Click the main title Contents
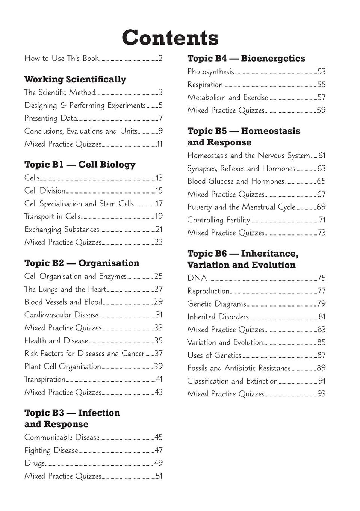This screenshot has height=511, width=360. (x=170, y=38)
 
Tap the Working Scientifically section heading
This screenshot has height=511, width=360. (x=75, y=79)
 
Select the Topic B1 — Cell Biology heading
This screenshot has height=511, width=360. (x=80, y=165)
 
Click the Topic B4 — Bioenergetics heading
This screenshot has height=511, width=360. (x=246, y=58)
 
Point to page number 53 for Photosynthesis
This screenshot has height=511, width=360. (x=321, y=72)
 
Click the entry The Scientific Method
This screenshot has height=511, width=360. (x=60, y=92)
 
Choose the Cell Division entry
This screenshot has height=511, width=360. (x=45, y=191)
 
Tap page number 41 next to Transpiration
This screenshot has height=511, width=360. (x=159, y=379)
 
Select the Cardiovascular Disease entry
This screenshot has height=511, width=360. (x=61, y=315)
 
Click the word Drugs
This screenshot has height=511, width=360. (x=35, y=463)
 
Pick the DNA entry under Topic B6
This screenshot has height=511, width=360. (x=197, y=278)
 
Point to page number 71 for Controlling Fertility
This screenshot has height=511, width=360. (x=322, y=220)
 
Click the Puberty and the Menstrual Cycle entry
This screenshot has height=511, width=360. (x=241, y=207)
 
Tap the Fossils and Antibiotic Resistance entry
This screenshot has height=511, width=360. (x=239, y=368)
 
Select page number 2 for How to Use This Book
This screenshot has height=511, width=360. (x=160, y=59)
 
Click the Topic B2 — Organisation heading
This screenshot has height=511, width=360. (x=82, y=263)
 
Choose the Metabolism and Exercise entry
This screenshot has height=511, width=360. (x=227, y=98)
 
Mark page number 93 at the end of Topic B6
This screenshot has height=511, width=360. (x=321, y=394)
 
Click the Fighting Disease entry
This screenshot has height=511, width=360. (x=51, y=451)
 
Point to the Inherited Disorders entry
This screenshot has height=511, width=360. (x=218, y=317)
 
